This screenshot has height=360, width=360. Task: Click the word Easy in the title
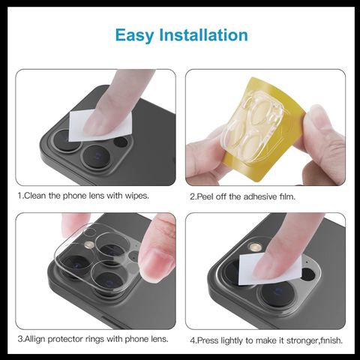(134, 35)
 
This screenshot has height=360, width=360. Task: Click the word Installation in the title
(204, 34)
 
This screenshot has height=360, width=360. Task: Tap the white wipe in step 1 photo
(100, 125)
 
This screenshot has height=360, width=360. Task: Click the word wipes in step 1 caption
(137, 196)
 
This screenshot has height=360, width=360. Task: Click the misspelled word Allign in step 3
(35, 339)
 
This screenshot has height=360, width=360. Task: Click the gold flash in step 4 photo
(254, 247)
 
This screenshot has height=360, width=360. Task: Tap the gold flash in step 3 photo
(88, 244)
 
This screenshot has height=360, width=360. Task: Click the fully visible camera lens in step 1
(96, 158)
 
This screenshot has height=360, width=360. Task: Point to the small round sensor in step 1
(121, 142)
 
